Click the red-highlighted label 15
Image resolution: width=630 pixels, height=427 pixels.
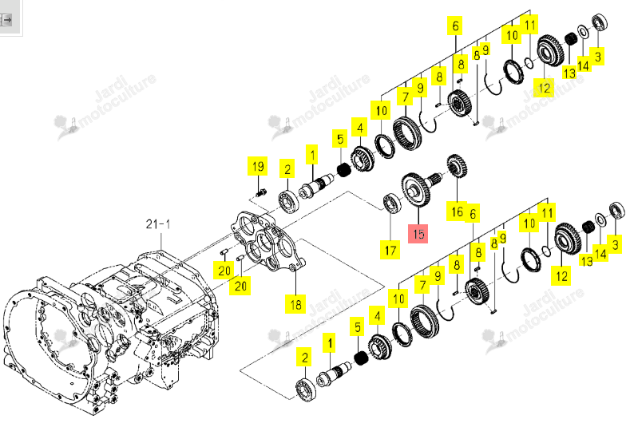(x=418, y=234)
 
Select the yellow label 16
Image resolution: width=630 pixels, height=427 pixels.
(x=457, y=212)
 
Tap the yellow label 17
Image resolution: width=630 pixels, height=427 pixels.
(x=390, y=251)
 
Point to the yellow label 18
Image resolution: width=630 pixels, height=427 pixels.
(x=295, y=304)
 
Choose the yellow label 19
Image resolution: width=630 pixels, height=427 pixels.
(x=258, y=166)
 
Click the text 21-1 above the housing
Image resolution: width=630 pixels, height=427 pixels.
(x=158, y=224)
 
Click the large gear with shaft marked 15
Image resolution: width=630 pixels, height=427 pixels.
(x=421, y=188)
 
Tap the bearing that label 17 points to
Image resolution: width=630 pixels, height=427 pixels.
(x=391, y=204)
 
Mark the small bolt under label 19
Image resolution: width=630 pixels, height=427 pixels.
(x=260, y=193)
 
